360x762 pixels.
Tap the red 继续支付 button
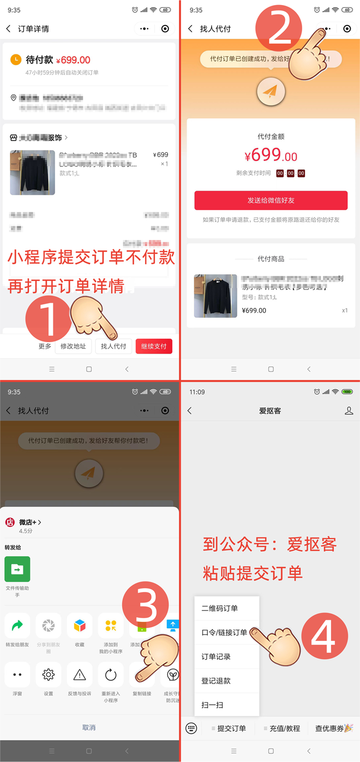(x=154, y=346)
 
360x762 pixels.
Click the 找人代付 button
(x=113, y=346)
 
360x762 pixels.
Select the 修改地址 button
(x=73, y=346)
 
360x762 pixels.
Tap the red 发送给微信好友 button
(x=271, y=200)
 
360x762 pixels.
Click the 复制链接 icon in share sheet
(x=142, y=675)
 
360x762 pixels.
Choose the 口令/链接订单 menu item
(x=224, y=633)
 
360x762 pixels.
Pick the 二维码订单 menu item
(x=220, y=608)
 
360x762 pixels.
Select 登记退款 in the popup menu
(x=216, y=680)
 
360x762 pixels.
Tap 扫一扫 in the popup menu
(x=213, y=705)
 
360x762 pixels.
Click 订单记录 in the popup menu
(x=216, y=656)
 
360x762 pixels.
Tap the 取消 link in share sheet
(x=89, y=728)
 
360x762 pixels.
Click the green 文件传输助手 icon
(x=17, y=569)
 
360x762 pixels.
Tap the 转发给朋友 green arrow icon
(x=17, y=626)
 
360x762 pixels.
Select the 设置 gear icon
(x=48, y=675)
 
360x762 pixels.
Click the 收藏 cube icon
(x=79, y=626)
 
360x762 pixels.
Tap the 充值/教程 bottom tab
(x=282, y=728)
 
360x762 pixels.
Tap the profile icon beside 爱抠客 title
(x=349, y=410)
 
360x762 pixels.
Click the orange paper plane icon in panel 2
(x=271, y=92)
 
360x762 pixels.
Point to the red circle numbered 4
(x=325, y=634)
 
